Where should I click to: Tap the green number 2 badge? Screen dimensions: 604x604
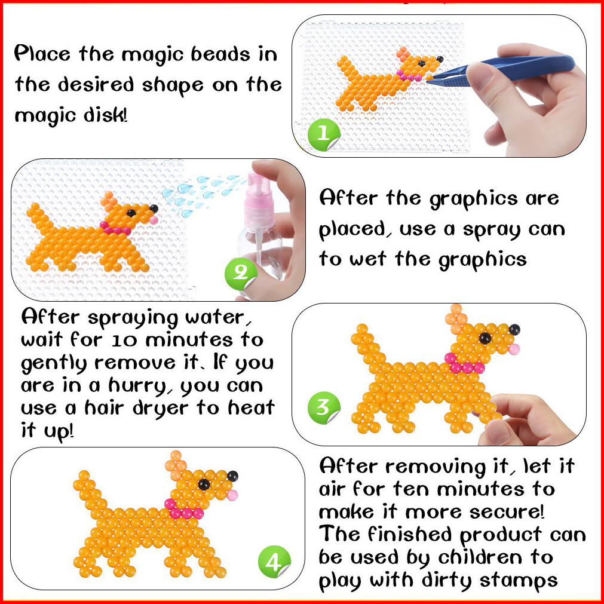tap(241, 274)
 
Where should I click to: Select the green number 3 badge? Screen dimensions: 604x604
tap(324, 407)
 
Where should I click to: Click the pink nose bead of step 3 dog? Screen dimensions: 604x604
tap(514, 349)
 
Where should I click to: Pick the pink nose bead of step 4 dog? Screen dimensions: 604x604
tap(232, 495)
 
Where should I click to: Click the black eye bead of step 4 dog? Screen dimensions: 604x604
tap(204, 484)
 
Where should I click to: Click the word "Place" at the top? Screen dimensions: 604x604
tap(42, 53)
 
